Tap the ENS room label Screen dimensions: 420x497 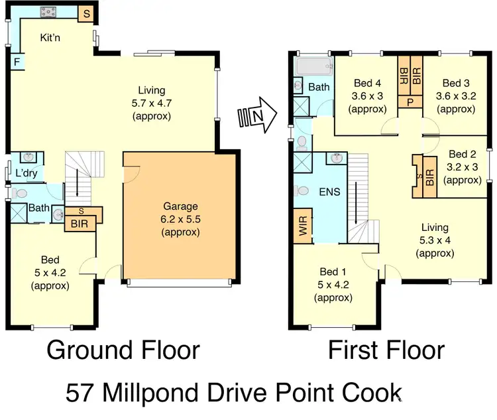[x=329, y=192]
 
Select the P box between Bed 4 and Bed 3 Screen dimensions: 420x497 [x=410, y=102]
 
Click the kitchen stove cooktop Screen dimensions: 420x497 [x=50, y=12]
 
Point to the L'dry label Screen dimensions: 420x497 [x=26, y=174]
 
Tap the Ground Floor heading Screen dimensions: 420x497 [x=123, y=349]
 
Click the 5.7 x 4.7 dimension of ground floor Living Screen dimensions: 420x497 [x=151, y=103]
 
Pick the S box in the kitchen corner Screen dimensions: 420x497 [x=86, y=14]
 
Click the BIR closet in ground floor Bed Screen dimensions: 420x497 [x=80, y=224]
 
